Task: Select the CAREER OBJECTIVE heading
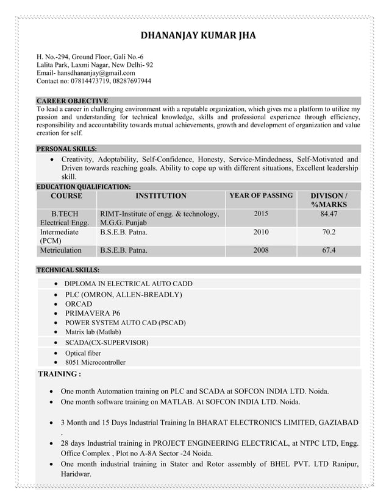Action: [x=73, y=100]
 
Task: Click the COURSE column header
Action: [x=66, y=196]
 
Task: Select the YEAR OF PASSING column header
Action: [x=260, y=196]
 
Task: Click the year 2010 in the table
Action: [x=260, y=233]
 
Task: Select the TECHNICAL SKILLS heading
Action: [x=68, y=270]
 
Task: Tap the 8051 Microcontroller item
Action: [x=95, y=362]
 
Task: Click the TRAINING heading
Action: [x=60, y=373]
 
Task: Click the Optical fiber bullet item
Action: [x=83, y=353]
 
